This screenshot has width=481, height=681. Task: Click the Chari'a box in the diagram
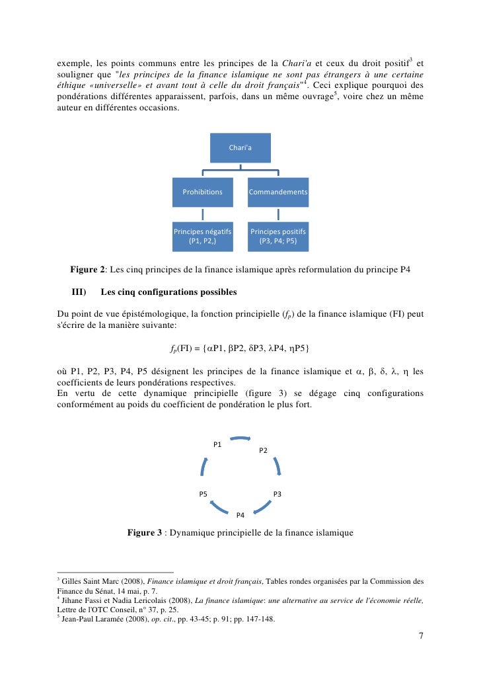coord(240,147)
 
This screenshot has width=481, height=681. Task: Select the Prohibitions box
coord(203,192)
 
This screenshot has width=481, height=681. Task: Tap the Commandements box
coord(277,192)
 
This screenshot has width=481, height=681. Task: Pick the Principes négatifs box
coord(202,237)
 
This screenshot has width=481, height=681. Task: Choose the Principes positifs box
coord(277,237)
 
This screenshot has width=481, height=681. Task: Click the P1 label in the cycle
coord(217,444)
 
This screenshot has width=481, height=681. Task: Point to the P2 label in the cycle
coord(263,450)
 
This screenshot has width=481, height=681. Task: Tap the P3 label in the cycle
coord(277,494)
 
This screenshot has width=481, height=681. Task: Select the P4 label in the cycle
coord(240,514)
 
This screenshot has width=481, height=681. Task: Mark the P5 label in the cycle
coord(203,494)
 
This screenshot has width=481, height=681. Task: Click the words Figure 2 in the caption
coord(88,270)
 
